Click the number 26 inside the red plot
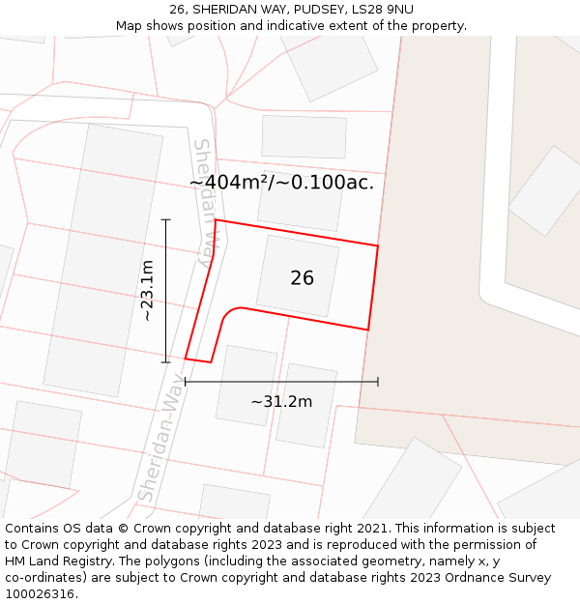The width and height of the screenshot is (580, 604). click(x=302, y=278)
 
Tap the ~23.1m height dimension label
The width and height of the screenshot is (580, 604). click(x=147, y=291)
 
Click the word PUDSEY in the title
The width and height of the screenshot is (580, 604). click(x=313, y=10)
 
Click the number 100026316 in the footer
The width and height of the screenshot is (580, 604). click(x=40, y=594)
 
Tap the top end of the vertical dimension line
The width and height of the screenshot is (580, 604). click(x=166, y=220)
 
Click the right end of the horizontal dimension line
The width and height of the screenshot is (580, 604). click(x=377, y=382)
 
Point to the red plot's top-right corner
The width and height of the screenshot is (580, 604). click(x=377, y=245)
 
